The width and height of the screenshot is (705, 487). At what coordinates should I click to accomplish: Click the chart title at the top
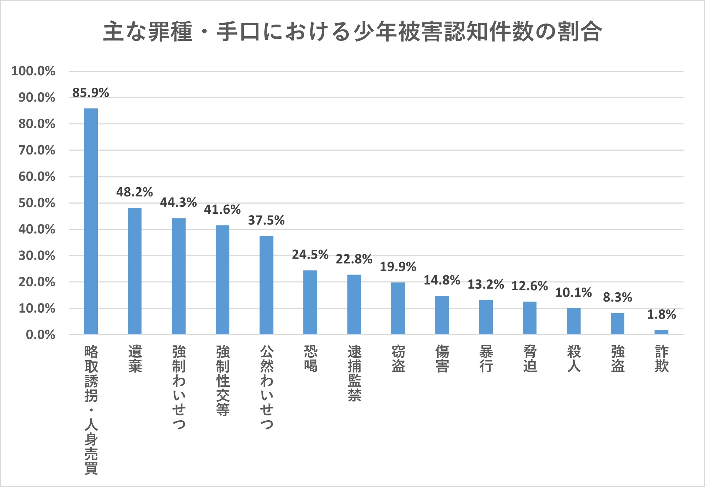click(x=352, y=32)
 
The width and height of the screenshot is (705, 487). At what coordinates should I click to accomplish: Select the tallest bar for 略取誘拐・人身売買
click(x=91, y=221)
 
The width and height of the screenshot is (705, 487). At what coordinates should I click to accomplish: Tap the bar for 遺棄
click(x=135, y=271)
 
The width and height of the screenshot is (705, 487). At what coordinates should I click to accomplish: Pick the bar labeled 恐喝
click(x=310, y=302)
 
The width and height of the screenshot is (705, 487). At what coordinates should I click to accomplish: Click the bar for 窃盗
click(x=398, y=308)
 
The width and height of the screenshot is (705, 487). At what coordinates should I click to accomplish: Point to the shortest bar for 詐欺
click(x=661, y=332)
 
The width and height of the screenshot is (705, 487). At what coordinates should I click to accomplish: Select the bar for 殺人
click(x=573, y=321)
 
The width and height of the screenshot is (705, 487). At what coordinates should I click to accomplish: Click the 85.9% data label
click(x=91, y=93)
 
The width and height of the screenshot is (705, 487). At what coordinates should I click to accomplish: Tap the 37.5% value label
click(x=266, y=221)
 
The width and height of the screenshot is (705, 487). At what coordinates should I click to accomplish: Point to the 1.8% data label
click(x=661, y=314)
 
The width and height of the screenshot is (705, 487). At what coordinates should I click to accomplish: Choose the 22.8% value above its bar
click(x=354, y=259)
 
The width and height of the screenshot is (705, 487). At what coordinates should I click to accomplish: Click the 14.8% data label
click(x=442, y=280)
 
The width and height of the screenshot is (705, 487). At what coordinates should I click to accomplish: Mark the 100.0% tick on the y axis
click(x=33, y=71)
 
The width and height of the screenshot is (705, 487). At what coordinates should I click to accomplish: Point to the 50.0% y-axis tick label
click(x=37, y=203)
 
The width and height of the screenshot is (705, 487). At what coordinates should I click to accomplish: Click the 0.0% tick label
click(x=41, y=335)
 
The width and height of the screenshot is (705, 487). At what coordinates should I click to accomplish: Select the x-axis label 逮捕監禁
click(x=354, y=373)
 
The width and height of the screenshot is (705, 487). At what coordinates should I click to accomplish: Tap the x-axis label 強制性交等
click(x=223, y=380)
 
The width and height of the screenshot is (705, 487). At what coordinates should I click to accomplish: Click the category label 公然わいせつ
click(x=266, y=387)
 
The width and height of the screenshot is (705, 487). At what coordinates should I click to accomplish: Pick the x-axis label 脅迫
click(x=530, y=359)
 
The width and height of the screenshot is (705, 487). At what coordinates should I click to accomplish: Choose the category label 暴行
click(x=486, y=359)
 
